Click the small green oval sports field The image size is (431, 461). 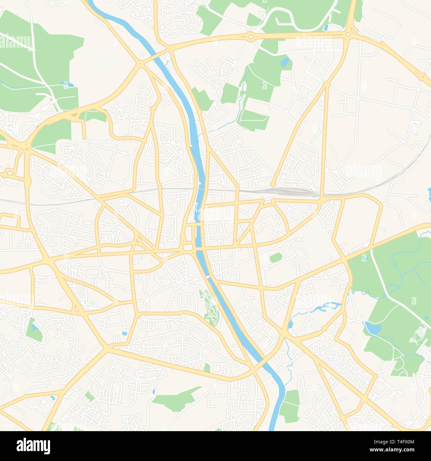coord(275,257)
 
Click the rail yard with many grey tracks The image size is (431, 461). coord(292,191)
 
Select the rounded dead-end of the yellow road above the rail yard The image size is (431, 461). coord(273,184)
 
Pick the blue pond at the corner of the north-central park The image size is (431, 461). coord(285,62)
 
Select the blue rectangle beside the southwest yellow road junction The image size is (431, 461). coord(124,333)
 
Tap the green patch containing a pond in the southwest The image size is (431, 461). coord(34,329)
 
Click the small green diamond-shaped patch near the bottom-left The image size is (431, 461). coord(89,396)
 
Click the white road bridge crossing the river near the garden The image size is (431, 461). coord(208,277)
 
